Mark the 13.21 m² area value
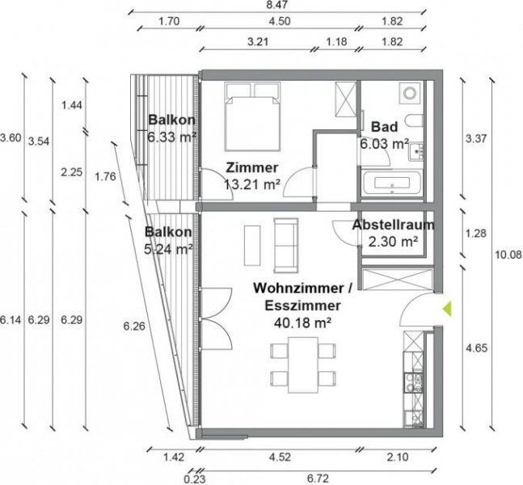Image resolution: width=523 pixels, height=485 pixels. (252, 183)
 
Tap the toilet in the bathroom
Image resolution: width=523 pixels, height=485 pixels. (415, 121)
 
